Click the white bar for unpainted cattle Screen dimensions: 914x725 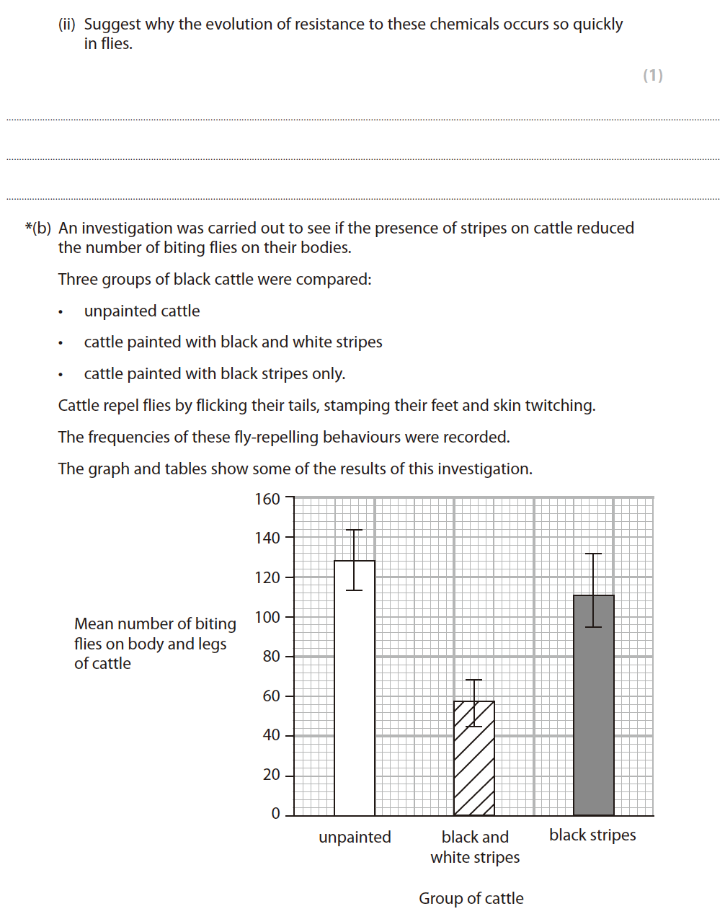click(355, 688)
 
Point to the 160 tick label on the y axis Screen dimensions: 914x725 click(267, 499)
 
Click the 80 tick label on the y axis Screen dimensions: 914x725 click(271, 656)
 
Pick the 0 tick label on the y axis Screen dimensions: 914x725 click(275, 814)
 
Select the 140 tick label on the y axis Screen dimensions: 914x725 click(267, 538)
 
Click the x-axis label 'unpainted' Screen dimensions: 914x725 click(355, 838)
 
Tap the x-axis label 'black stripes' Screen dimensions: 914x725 click(592, 835)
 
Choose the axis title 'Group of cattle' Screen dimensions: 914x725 click(471, 899)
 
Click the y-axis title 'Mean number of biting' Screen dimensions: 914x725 click(155, 624)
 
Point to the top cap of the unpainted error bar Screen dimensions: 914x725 click(354, 531)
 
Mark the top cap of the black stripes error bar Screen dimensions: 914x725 click(593, 554)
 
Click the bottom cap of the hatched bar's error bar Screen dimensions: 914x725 click(473, 727)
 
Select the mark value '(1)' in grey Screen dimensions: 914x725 click(652, 76)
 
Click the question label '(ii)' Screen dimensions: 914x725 click(67, 25)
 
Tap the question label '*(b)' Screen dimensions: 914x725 click(38, 228)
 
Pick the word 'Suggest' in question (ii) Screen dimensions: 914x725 click(112, 25)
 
